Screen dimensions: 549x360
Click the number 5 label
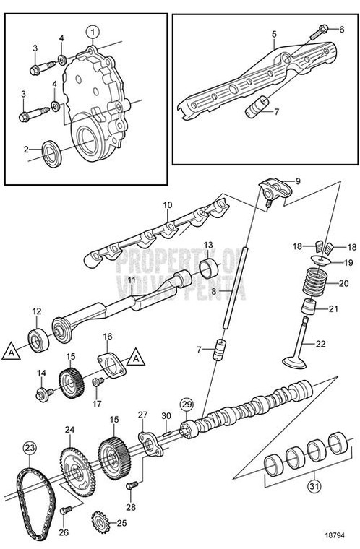point(274,33)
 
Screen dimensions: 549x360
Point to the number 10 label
point(166,205)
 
